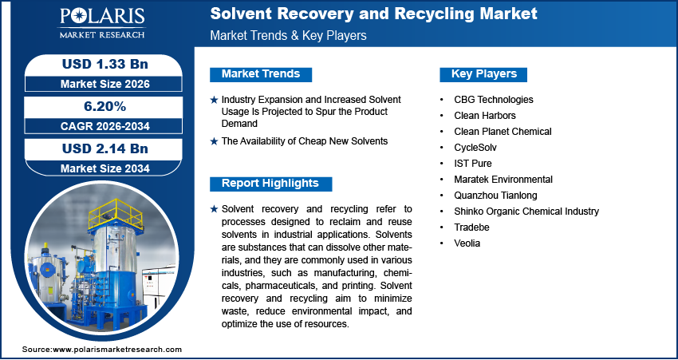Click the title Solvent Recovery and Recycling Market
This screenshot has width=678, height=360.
point(373,14)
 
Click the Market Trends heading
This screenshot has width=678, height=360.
point(261,74)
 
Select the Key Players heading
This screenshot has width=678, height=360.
point(484,74)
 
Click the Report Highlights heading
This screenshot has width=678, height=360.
point(270,184)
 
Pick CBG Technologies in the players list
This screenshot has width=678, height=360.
point(493,100)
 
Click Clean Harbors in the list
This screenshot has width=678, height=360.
point(485,116)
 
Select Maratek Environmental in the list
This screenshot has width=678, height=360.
point(503,180)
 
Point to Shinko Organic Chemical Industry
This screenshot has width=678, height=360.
point(526,212)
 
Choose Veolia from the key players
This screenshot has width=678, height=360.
point(467,243)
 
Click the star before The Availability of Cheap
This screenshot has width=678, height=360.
point(214,141)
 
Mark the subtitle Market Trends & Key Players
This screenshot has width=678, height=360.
point(287,36)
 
